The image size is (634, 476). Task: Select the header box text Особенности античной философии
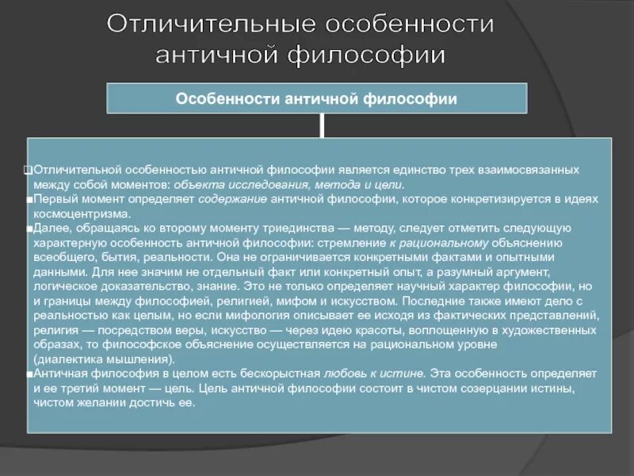pyautogui.click(x=316, y=99)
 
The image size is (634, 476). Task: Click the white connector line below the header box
pyautogui.click(x=322, y=125)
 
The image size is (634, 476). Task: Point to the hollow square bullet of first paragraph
pyautogui.click(x=28, y=171)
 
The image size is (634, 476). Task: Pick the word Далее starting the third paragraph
pyautogui.click(x=48, y=228)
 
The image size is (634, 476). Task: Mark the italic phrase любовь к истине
pyautogui.click(x=374, y=373)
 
